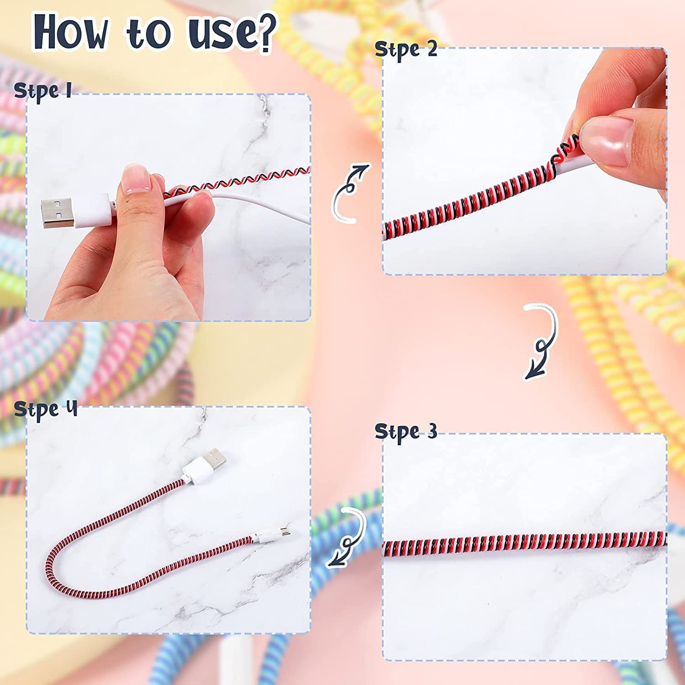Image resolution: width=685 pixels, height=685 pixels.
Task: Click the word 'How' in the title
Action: (71, 32)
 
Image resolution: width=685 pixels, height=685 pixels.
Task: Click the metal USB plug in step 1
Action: (57, 213)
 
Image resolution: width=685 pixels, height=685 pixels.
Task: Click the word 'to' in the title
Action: (148, 33)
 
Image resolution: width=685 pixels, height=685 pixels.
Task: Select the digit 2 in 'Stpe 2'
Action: (432, 48)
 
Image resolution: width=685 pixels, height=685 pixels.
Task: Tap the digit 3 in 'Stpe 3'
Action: (432, 431)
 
